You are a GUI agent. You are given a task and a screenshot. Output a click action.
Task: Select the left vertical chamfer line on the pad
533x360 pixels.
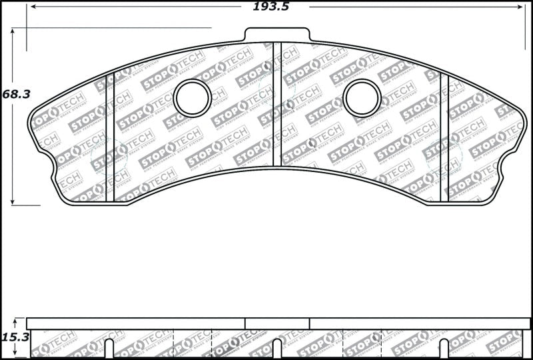tap(111, 137)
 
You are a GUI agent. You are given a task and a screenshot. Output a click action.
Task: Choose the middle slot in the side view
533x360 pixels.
tap(277, 349)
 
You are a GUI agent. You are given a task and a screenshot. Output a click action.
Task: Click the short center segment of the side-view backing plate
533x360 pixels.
tap(277, 323)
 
